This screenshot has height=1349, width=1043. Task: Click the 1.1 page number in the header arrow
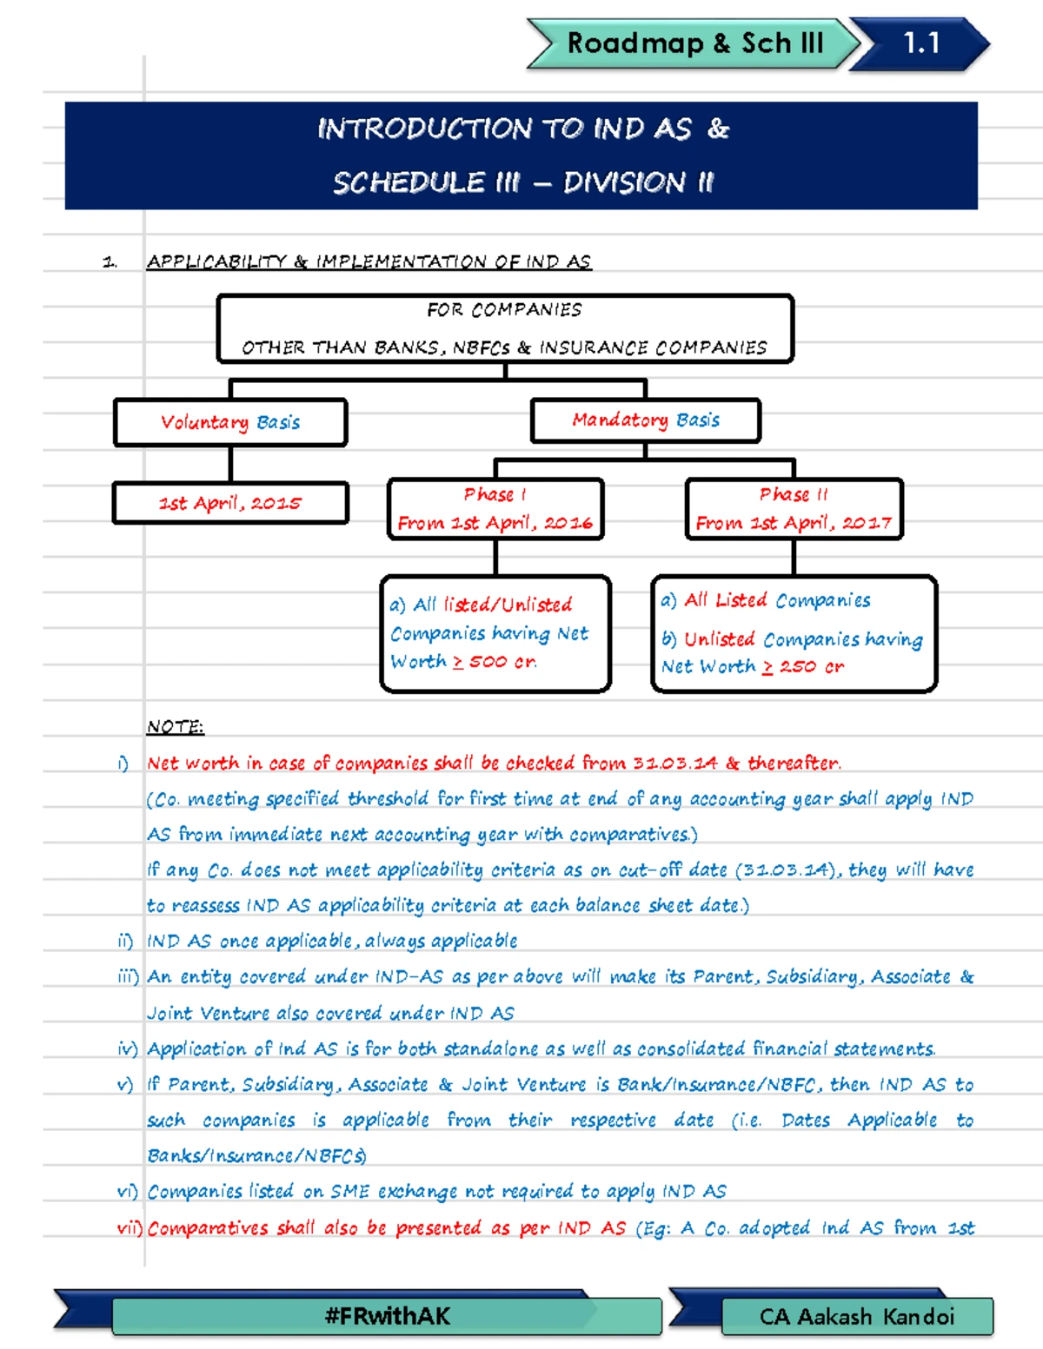pos(921,43)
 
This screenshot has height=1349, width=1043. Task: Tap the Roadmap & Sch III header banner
pos(694,43)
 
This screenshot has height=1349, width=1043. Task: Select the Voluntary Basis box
pos(230,422)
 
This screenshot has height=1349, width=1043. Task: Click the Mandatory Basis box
pos(645,420)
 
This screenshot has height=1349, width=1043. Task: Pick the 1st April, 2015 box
pos(230,503)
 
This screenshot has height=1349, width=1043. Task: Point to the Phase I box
pos(495,508)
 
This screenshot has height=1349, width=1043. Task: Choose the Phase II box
pos(794,508)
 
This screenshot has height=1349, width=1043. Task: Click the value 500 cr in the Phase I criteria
pos(502,662)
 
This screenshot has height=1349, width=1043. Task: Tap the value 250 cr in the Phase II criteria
pos(811,667)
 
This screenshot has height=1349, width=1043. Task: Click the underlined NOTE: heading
pos(175,726)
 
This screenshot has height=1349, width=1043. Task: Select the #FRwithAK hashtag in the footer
pos(387,1316)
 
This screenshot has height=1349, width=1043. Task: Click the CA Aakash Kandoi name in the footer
pos(856,1317)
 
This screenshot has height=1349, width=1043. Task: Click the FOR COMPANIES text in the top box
pos(504,310)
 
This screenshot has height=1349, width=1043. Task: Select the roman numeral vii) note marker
pos(130,1228)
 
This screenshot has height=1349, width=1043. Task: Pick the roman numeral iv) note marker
pos(128,1049)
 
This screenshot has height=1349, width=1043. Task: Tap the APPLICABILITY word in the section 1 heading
pos(216,261)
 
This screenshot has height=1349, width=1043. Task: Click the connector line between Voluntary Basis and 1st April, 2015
pos(230,464)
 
